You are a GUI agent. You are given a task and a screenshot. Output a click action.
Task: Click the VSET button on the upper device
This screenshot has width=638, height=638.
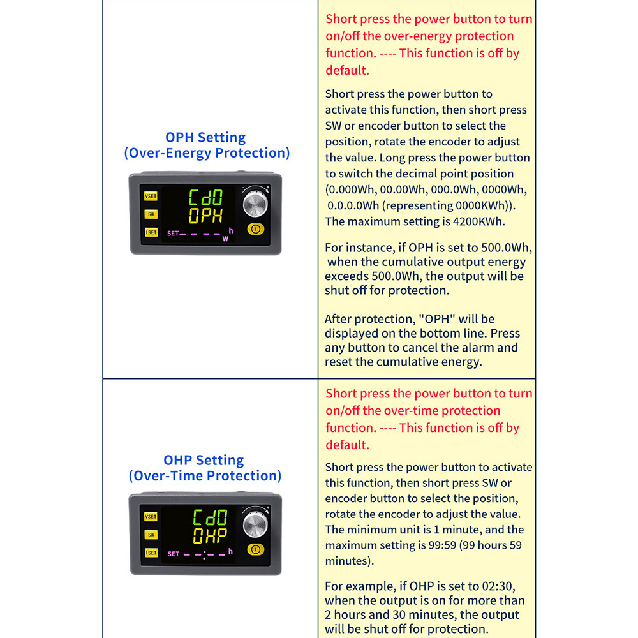click(x=151, y=197)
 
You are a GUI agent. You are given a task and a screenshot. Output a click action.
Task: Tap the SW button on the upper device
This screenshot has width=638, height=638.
click(x=151, y=214)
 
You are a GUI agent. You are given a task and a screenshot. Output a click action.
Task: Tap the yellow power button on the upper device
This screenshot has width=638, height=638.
click(x=255, y=229)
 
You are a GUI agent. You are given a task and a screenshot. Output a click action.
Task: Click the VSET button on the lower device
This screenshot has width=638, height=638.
click(x=151, y=517)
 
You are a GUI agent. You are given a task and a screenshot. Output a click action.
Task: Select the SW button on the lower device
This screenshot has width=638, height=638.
click(x=151, y=535)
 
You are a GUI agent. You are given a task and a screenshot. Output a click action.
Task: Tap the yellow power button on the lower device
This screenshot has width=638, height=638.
click(x=255, y=549)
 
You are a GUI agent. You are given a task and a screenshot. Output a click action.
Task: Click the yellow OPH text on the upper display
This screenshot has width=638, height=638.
click(x=205, y=216)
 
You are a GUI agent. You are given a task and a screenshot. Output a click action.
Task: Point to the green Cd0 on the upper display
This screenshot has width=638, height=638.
click(x=205, y=198)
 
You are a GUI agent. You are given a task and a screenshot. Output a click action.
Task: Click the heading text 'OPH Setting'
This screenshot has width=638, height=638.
click(x=205, y=137)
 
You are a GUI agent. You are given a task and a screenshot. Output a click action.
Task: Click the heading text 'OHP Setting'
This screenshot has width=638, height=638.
click(x=204, y=460)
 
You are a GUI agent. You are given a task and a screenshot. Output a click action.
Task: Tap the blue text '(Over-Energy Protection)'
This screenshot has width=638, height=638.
click(x=207, y=153)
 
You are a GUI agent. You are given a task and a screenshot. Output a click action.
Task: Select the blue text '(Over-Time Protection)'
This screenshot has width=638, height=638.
click(x=205, y=476)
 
